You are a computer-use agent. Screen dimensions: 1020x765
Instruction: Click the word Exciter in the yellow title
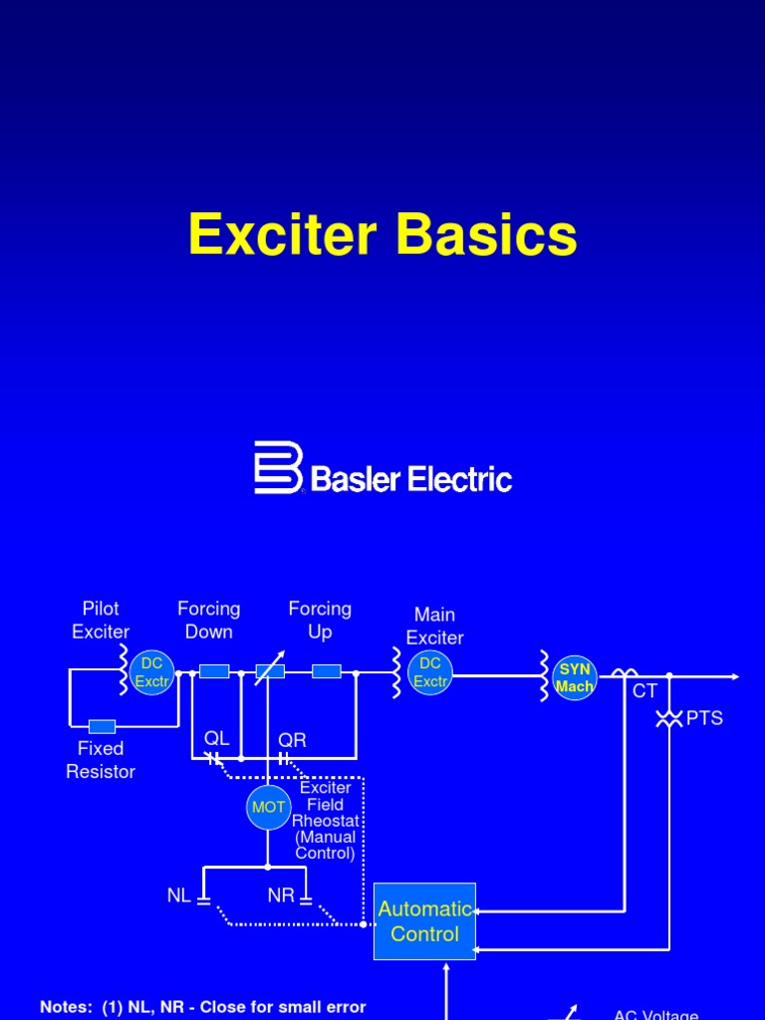pyautogui.click(x=283, y=236)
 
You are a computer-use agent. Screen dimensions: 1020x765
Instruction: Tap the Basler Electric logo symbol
pyautogui.click(x=278, y=467)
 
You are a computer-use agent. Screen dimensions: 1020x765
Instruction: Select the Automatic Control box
pyautogui.click(x=424, y=921)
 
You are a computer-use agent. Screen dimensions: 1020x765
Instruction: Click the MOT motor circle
pyautogui.click(x=268, y=807)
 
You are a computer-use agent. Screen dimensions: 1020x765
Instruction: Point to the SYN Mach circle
pyautogui.click(x=575, y=677)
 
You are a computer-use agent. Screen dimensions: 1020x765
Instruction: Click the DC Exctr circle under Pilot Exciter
pyautogui.click(x=152, y=673)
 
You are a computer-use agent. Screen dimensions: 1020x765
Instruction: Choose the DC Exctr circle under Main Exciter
pyautogui.click(x=430, y=673)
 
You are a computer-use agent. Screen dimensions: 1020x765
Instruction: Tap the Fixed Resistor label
pyautogui.click(x=101, y=759)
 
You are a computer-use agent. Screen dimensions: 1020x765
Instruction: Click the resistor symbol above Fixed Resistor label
pyautogui.click(x=102, y=726)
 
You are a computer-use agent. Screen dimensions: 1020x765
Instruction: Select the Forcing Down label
pyautogui.click(x=208, y=620)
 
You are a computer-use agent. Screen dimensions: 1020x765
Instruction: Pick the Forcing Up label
pyautogui.click(x=320, y=620)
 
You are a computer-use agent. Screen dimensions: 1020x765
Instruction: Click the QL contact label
pyautogui.click(x=216, y=738)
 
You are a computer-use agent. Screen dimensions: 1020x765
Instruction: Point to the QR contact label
pyautogui.click(x=292, y=740)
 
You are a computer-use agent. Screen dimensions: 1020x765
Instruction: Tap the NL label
pyautogui.click(x=178, y=895)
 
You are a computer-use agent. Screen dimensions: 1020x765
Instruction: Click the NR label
pyautogui.click(x=281, y=895)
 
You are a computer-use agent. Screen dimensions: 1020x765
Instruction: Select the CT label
pyautogui.click(x=645, y=691)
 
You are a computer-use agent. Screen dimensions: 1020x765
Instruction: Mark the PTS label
pyautogui.click(x=704, y=718)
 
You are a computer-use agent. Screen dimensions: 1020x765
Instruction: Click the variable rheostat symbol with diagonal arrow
pyautogui.click(x=270, y=670)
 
